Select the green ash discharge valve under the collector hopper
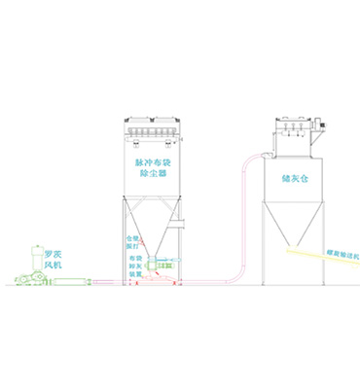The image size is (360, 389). pos(162,263)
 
